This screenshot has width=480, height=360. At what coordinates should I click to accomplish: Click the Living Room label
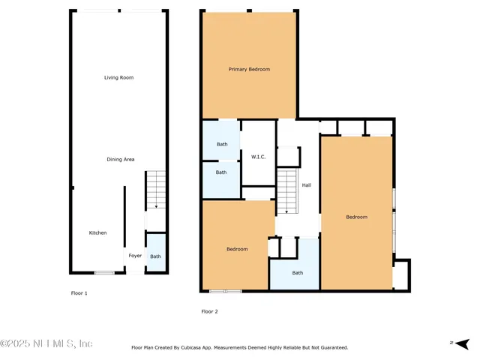click(118, 77)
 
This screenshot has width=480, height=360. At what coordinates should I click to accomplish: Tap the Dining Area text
click(120, 159)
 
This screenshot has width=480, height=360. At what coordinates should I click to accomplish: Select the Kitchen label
click(97, 232)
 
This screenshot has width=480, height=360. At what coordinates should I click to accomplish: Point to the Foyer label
click(135, 256)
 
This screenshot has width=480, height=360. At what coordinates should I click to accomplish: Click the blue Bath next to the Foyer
click(155, 256)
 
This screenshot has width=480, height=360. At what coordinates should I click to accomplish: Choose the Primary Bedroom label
click(249, 69)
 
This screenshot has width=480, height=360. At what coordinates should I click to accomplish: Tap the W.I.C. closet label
click(258, 157)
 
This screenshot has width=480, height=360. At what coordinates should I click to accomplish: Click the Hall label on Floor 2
click(306, 185)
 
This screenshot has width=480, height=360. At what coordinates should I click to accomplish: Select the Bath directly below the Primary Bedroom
click(221, 144)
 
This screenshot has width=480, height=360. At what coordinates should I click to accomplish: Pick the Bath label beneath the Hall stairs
click(297, 272)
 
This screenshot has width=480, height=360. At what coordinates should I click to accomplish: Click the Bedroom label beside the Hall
click(356, 217)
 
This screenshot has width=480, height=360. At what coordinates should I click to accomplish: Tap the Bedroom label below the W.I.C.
click(237, 248)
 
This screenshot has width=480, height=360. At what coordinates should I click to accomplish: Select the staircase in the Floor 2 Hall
click(287, 192)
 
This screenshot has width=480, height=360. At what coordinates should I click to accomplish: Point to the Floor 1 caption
click(79, 293)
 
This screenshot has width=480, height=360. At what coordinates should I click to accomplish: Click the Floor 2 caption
click(209, 311)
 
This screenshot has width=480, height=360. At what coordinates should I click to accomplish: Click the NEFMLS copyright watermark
click(46, 343)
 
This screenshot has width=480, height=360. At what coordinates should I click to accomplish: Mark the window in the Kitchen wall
click(104, 272)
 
